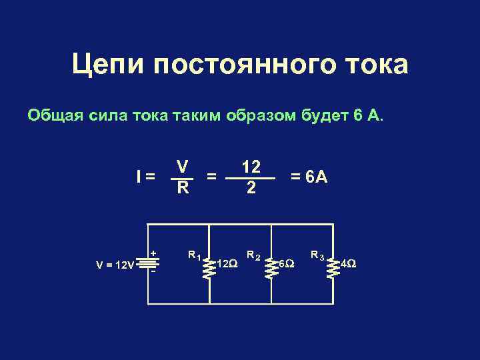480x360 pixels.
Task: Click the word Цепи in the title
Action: coord(107,65)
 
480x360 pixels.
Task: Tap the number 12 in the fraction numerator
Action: coord(251,166)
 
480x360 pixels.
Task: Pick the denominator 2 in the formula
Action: coord(251,189)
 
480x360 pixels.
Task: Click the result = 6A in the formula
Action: coord(307,177)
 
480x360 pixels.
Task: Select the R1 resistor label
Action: coord(195,254)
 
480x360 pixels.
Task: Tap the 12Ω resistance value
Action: coord(227,264)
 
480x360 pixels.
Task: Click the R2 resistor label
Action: coord(253,254)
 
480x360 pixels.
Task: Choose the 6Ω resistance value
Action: coord(285,264)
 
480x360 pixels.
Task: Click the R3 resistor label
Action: coord(317,254)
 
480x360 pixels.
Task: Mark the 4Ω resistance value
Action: coord(348,264)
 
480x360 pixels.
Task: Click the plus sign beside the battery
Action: coord(153,253)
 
